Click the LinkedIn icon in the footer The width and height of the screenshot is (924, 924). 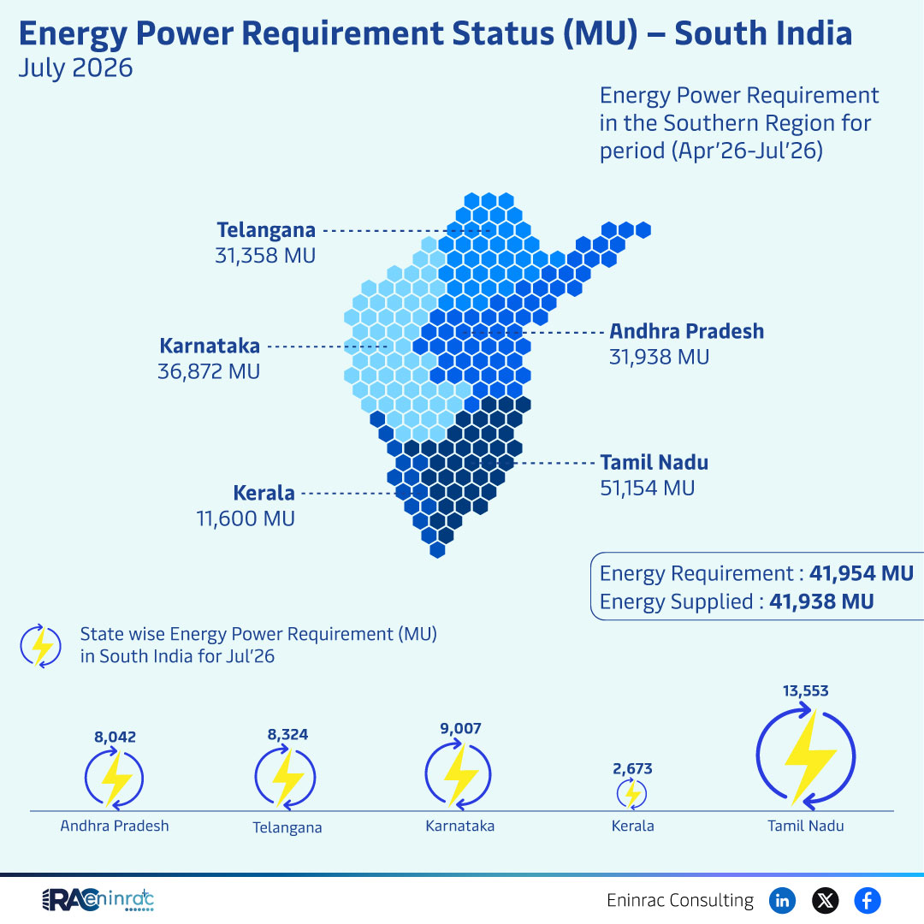pos(782,900)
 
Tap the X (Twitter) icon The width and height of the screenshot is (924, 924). pos(825,900)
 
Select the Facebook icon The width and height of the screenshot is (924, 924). pos(868,900)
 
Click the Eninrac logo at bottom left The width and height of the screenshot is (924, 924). pos(98,899)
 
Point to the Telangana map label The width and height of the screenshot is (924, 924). pos(266,230)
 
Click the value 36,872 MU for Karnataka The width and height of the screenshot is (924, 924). pos(209,371)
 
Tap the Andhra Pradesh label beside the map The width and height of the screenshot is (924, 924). pos(686,331)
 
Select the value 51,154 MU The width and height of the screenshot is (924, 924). pos(648,488)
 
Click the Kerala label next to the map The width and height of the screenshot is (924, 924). pos(264,493)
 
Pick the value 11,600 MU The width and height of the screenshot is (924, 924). pos(246,518)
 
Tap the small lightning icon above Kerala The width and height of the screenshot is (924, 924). pos(631,793)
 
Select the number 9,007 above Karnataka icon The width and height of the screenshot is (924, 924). pos(461,728)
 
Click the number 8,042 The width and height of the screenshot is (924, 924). pos(115,737)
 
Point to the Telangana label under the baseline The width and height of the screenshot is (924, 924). pos(287,827)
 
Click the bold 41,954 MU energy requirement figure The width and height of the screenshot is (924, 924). pos(862,573)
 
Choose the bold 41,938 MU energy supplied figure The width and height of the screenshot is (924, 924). pos(821,601)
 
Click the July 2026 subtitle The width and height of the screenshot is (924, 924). pos(75,68)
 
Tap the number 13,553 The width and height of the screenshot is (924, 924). pos(806,690)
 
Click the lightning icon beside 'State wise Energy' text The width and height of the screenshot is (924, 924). pos(41,646)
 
